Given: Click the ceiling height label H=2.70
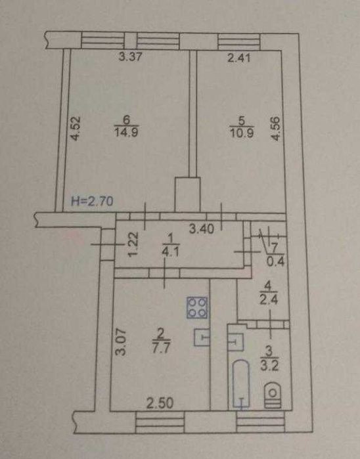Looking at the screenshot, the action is click(x=92, y=201).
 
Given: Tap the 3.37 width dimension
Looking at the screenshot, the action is click(x=131, y=56).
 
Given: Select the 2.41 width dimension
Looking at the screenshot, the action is click(x=239, y=57).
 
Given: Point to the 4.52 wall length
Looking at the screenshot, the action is click(x=76, y=129).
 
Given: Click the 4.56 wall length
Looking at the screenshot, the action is click(x=275, y=129).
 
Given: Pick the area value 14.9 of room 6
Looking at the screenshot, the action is click(x=127, y=132).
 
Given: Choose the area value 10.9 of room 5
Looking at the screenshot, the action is click(x=242, y=132).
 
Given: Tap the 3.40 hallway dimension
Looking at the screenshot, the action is click(x=202, y=229).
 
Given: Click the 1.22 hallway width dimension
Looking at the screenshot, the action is click(x=133, y=244).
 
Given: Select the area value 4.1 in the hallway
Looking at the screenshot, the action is click(x=171, y=251).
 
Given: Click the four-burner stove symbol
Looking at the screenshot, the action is click(x=197, y=307).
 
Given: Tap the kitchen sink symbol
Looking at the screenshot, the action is click(x=202, y=338).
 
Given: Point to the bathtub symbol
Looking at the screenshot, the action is click(x=241, y=383).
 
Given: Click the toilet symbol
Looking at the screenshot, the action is click(x=273, y=395).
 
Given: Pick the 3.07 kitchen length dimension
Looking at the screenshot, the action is click(x=120, y=342).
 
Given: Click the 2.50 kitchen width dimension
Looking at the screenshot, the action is click(x=160, y=404).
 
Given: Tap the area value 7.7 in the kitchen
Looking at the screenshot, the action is click(x=162, y=348).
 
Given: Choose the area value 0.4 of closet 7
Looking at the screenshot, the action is click(x=276, y=261).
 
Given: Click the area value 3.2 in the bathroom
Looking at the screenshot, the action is click(x=269, y=366).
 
